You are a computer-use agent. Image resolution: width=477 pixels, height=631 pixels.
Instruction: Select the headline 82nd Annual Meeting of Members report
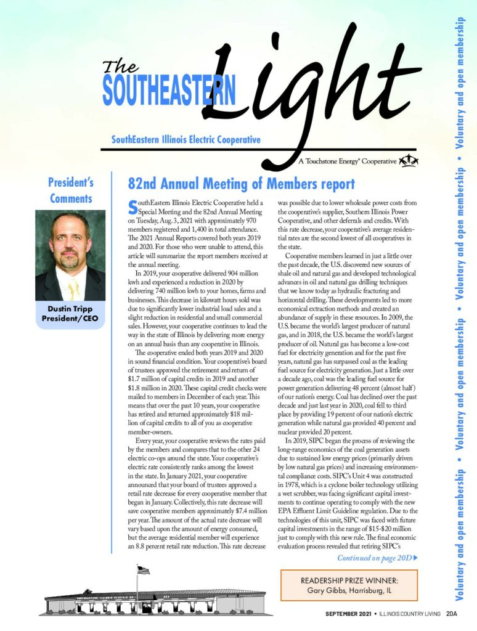coord(241,184)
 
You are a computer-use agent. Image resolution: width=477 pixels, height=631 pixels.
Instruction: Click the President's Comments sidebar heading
coord(70,190)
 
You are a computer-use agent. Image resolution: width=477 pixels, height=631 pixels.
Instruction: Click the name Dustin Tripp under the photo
coord(70,308)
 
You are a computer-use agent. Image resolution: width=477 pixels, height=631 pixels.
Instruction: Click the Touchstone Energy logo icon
coord(409,161)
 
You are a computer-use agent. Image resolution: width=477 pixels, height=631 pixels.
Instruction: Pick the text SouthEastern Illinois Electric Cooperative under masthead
coord(185,140)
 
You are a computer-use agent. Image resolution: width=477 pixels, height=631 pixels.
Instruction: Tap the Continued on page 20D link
coord(377,558)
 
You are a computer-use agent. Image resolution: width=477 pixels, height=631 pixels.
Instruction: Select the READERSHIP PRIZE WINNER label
coord(349,580)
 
